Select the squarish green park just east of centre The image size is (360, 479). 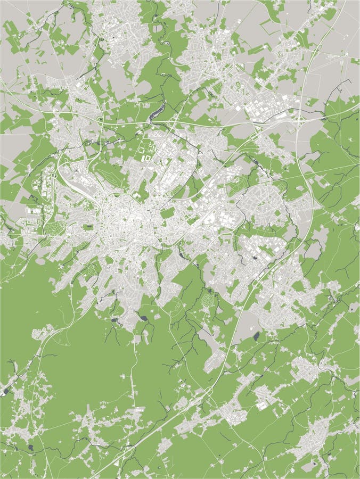(167, 213)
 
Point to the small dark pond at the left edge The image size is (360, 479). (5, 391)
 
